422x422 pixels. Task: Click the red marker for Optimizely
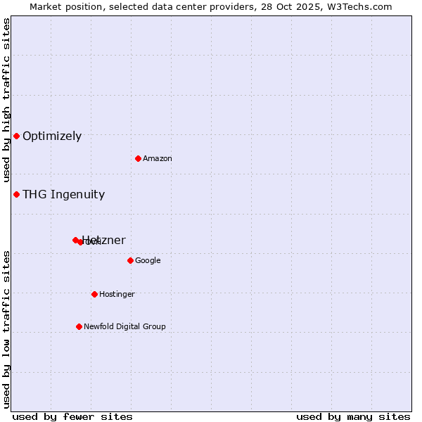[16, 136]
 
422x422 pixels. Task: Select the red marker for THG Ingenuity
[16, 194]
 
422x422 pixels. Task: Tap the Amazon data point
[138, 158]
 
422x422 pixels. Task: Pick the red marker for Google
[130, 260]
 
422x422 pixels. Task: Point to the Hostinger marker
[94, 294]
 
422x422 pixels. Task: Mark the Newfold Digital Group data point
[79, 326]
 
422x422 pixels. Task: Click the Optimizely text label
[52, 136]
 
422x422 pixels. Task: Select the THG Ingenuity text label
[63, 195]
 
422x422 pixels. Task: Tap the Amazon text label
[158, 159]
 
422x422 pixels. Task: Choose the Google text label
[148, 261]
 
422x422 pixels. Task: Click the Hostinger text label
[117, 295]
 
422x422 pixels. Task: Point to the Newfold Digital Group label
[124, 327]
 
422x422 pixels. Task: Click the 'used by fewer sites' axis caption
[72, 416]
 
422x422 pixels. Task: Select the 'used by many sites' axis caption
[353, 416]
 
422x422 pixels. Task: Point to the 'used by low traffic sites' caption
[6, 328]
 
